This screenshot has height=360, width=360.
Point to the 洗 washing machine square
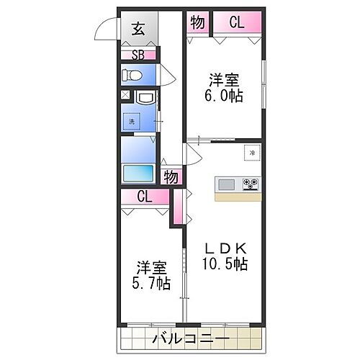(132, 121)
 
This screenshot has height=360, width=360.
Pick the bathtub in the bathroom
(138, 174)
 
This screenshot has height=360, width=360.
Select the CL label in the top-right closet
(236, 23)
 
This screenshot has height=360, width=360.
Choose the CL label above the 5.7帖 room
(144, 196)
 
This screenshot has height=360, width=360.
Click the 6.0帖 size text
(225, 97)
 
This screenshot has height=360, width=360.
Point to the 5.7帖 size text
(151, 282)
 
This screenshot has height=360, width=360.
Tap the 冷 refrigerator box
(252, 153)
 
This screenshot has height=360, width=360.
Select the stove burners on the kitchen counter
(251, 184)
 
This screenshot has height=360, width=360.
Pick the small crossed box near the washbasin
(125, 96)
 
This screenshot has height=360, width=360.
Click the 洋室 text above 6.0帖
(225, 80)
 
